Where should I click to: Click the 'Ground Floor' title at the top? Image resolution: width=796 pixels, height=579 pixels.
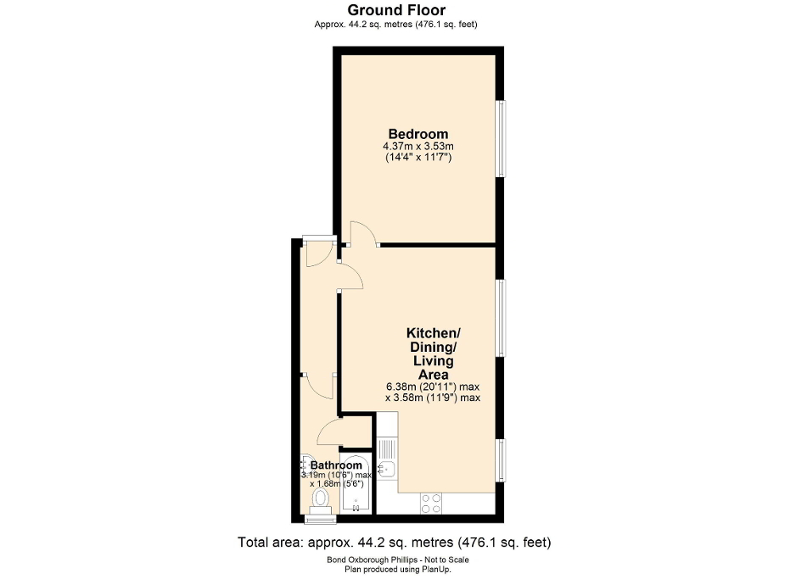click(397, 10)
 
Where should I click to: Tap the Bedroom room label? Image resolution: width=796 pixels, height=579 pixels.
click(418, 134)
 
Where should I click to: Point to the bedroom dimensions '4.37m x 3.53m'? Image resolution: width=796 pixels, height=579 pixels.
click(418, 147)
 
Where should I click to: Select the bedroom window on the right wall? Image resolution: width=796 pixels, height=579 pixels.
click(502, 140)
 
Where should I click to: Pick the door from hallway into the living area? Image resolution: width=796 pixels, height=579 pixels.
click(350, 276)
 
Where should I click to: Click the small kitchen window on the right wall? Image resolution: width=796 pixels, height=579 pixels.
click(502, 458)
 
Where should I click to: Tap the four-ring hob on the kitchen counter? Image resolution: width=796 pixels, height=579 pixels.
click(431, 503)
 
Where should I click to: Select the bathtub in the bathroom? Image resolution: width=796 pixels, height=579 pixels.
click(356, 487)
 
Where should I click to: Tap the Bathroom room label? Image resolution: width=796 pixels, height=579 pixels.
click(336, 465)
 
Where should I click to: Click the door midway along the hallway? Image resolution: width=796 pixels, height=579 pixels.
click(319, 387)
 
